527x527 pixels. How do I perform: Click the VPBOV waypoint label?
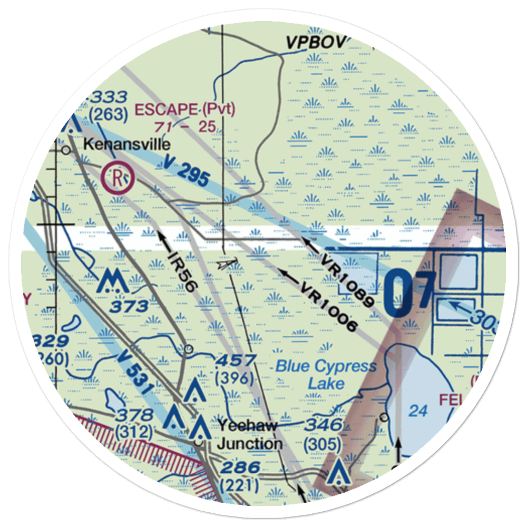[x=315, y=42]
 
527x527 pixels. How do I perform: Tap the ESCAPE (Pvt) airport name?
[x=185, y=110]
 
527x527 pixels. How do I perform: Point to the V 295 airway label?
[x=182, y=174]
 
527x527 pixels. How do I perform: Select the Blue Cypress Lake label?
[x=326, y=374]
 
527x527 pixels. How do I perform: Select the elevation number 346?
[x=322, y=425]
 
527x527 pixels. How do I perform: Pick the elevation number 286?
[x=240, y=467]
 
